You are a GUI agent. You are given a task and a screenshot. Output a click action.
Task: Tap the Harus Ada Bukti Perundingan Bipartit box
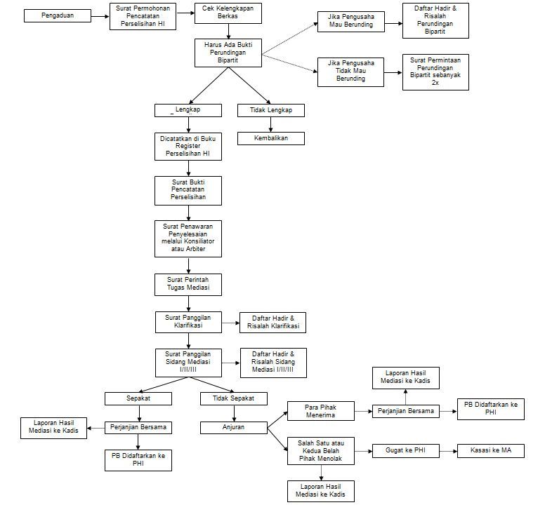pyautogui.click(x=228, y=53)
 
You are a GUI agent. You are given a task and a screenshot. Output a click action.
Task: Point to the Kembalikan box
pyautogui.click(x=271, y=138)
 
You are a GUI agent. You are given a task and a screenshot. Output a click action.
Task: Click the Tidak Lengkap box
pyautogui.click(x=271, y=110)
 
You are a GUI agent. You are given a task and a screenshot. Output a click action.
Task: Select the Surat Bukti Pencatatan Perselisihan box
pyautogui.click(x=188, y=190)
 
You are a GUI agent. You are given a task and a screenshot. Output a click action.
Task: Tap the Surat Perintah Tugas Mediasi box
pyautogui.click(x=188, y=284)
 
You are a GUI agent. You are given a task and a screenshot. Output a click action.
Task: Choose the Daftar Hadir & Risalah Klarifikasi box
pyautogui.click(x=273, y=323)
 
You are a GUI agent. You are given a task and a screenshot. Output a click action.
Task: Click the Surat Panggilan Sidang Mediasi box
pyautogui.click(x=188, y=362)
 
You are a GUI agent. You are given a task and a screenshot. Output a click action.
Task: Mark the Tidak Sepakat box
pyautogui.click(x=234, y=398)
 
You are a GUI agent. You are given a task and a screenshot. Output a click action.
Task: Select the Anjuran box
pyautogui.click(x=234, y=426)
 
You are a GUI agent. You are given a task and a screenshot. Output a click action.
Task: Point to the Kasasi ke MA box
pyautogui.click(x=491, y=451)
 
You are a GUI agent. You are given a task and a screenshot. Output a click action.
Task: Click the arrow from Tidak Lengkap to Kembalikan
pyautogui.click(x=271, y=124)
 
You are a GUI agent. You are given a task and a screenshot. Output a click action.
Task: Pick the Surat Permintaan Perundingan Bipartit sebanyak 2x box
pyautogui.click(x=435, y=72)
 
